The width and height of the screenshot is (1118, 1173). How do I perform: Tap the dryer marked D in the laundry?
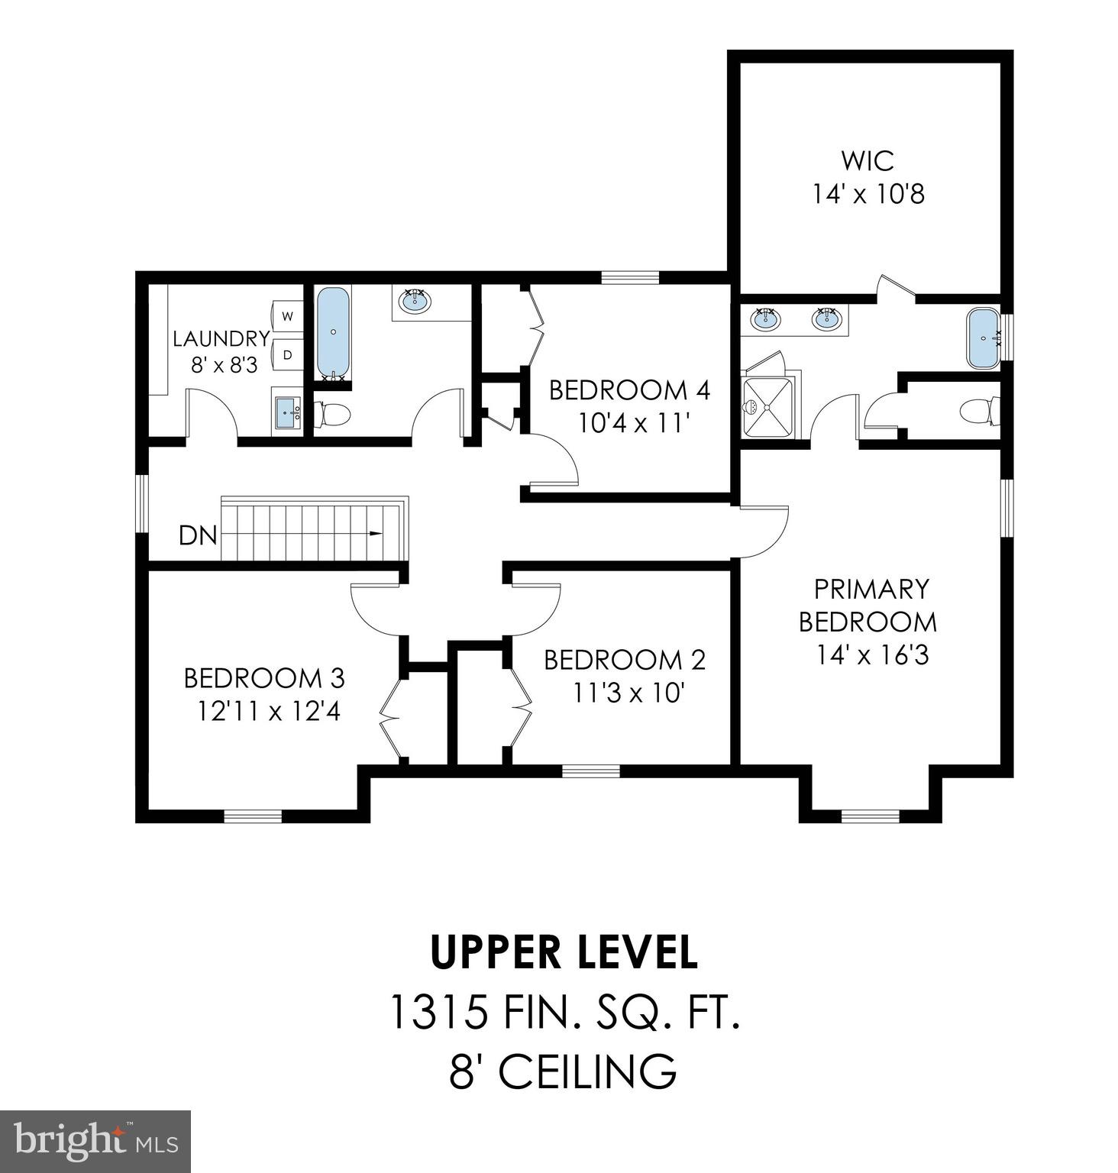click(288, 354)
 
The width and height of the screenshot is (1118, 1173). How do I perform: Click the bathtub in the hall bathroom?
click(332, 333)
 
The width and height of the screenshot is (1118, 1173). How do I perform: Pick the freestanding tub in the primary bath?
click(983, 337)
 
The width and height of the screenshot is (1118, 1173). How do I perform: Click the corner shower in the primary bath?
click(767, 404)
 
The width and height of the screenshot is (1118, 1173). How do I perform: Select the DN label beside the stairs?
click(198, 535)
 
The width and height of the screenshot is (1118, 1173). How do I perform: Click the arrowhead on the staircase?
click(375, 534)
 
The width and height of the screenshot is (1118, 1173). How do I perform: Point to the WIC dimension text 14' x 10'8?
click(868, 194)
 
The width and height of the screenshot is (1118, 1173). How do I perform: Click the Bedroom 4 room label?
click(629, 390)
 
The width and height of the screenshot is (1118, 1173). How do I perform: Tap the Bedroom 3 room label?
click(264, 677)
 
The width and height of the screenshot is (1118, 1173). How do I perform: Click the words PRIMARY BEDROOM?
click(869, 606)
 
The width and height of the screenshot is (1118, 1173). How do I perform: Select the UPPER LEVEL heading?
click(564, 952)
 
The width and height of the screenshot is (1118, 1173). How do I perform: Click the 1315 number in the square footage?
click(438, 1012)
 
